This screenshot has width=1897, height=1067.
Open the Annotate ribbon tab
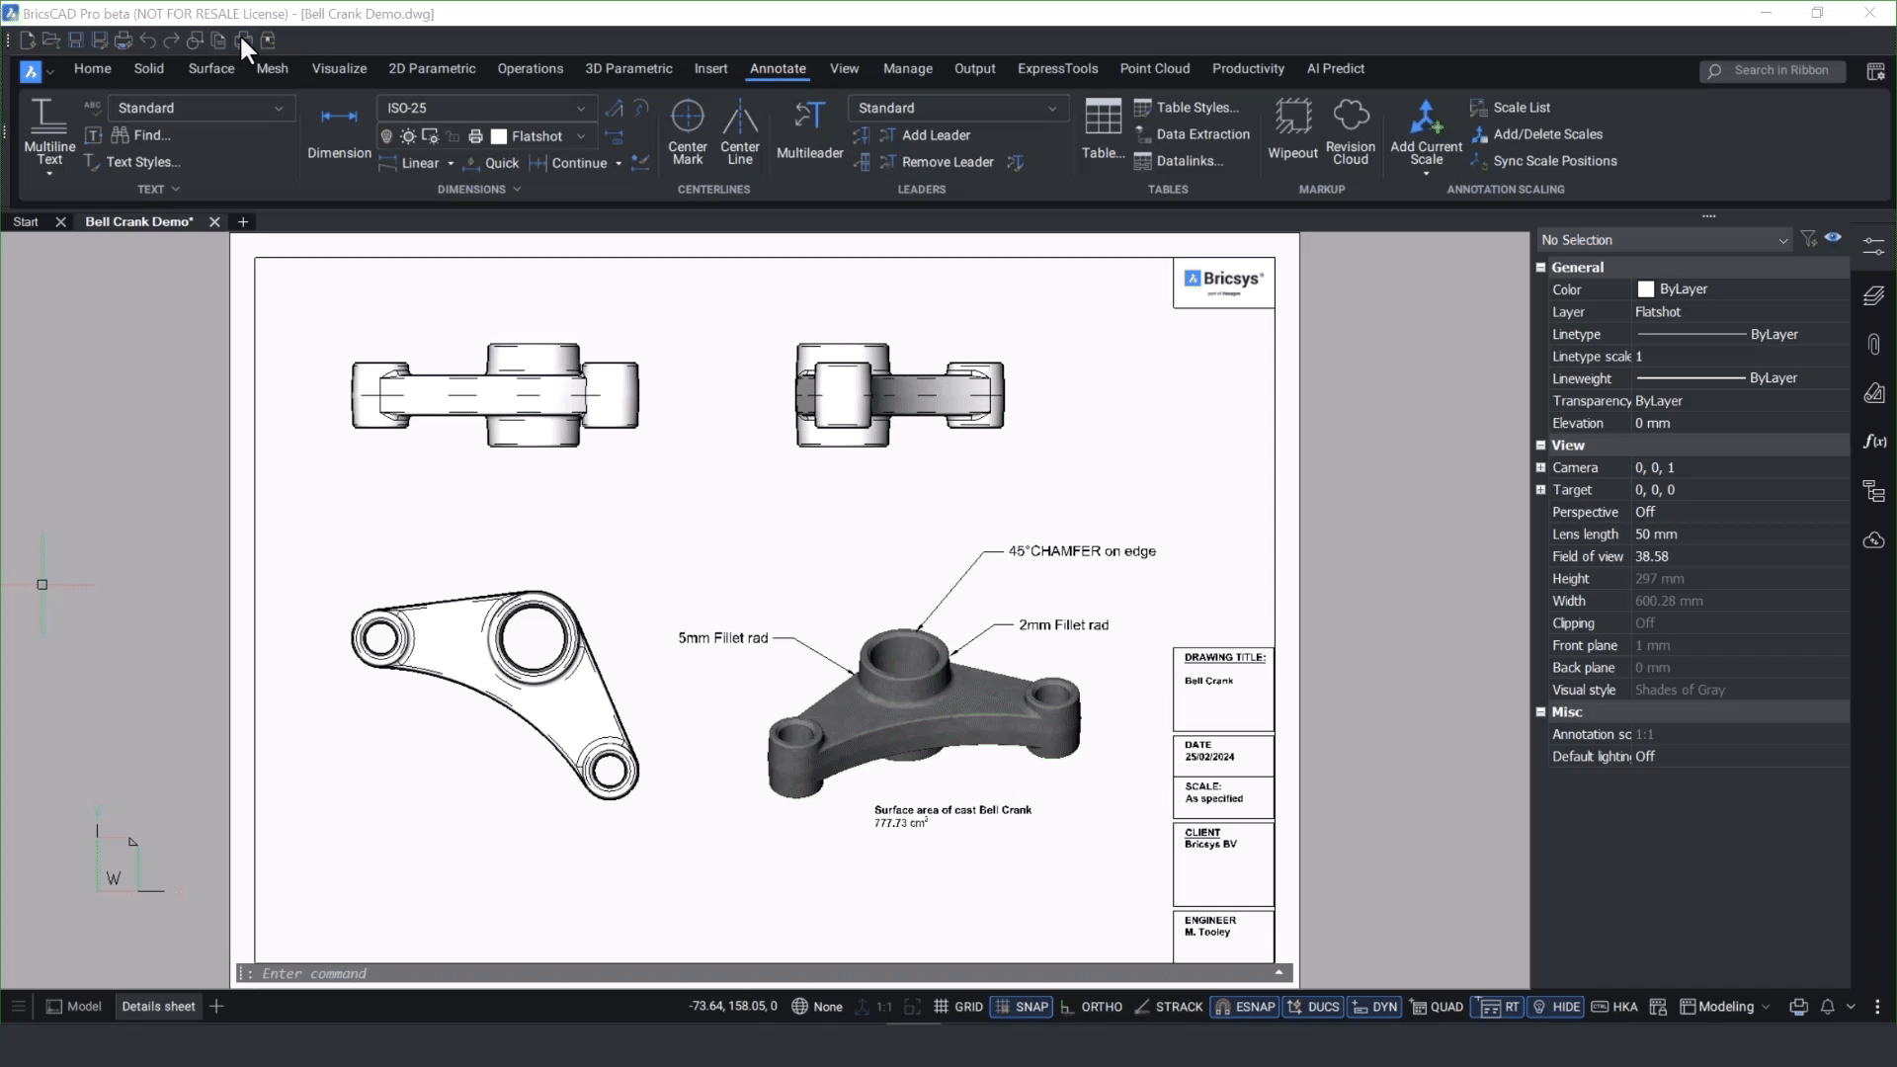click(x=778, y=69)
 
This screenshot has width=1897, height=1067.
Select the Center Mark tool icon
click(x=687, y=118)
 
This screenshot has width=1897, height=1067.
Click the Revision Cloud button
click(x=1350, y=129)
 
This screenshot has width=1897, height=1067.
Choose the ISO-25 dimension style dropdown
click(x=485, y=108)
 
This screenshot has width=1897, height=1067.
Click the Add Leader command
click(x=935, y=135)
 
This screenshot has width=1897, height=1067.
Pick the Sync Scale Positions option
click(x=1554, y=161)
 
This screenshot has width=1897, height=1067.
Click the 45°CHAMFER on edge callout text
click(x=1081, y=551)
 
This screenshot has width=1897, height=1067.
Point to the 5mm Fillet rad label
click(x=722, y=638)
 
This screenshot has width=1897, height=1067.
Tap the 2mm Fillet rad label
click(x=1063, y=625)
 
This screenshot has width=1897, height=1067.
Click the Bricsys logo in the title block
click(x=1223, y=281)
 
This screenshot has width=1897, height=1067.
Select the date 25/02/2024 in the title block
click(x=1209, y=757)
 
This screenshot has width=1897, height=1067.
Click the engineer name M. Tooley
click(x=1207, y=932)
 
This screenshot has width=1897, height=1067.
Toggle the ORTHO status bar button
click(x=1092, y=1007)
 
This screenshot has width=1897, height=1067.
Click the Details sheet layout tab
click(x=158, y=1007)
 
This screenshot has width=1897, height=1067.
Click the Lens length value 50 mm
click(x=1656, y=534)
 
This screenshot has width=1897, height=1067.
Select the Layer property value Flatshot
click(x=1658, y=312)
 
